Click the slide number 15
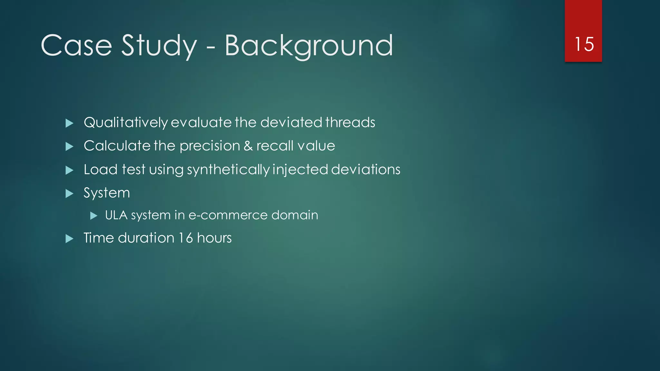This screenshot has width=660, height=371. point(584,44)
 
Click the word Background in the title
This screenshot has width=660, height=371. point(308,46)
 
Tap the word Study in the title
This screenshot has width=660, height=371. point(159,46)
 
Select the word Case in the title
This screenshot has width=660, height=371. point(76,46)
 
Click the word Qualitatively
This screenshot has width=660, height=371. point(126,123)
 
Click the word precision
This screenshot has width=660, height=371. point(209,146)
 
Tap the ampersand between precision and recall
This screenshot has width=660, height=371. point(248,146)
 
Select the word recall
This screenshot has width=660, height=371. point(275,146)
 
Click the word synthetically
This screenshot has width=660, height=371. point(228,170)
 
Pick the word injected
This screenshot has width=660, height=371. point(300,170)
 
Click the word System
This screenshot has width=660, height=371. point(107,193)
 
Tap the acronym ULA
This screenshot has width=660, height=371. point(116,215)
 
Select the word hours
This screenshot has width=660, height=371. point(214,238)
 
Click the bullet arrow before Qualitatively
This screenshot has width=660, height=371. point(69,123)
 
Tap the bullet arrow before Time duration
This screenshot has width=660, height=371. point(69,239)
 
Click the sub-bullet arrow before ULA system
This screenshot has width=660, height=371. point(94,215)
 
